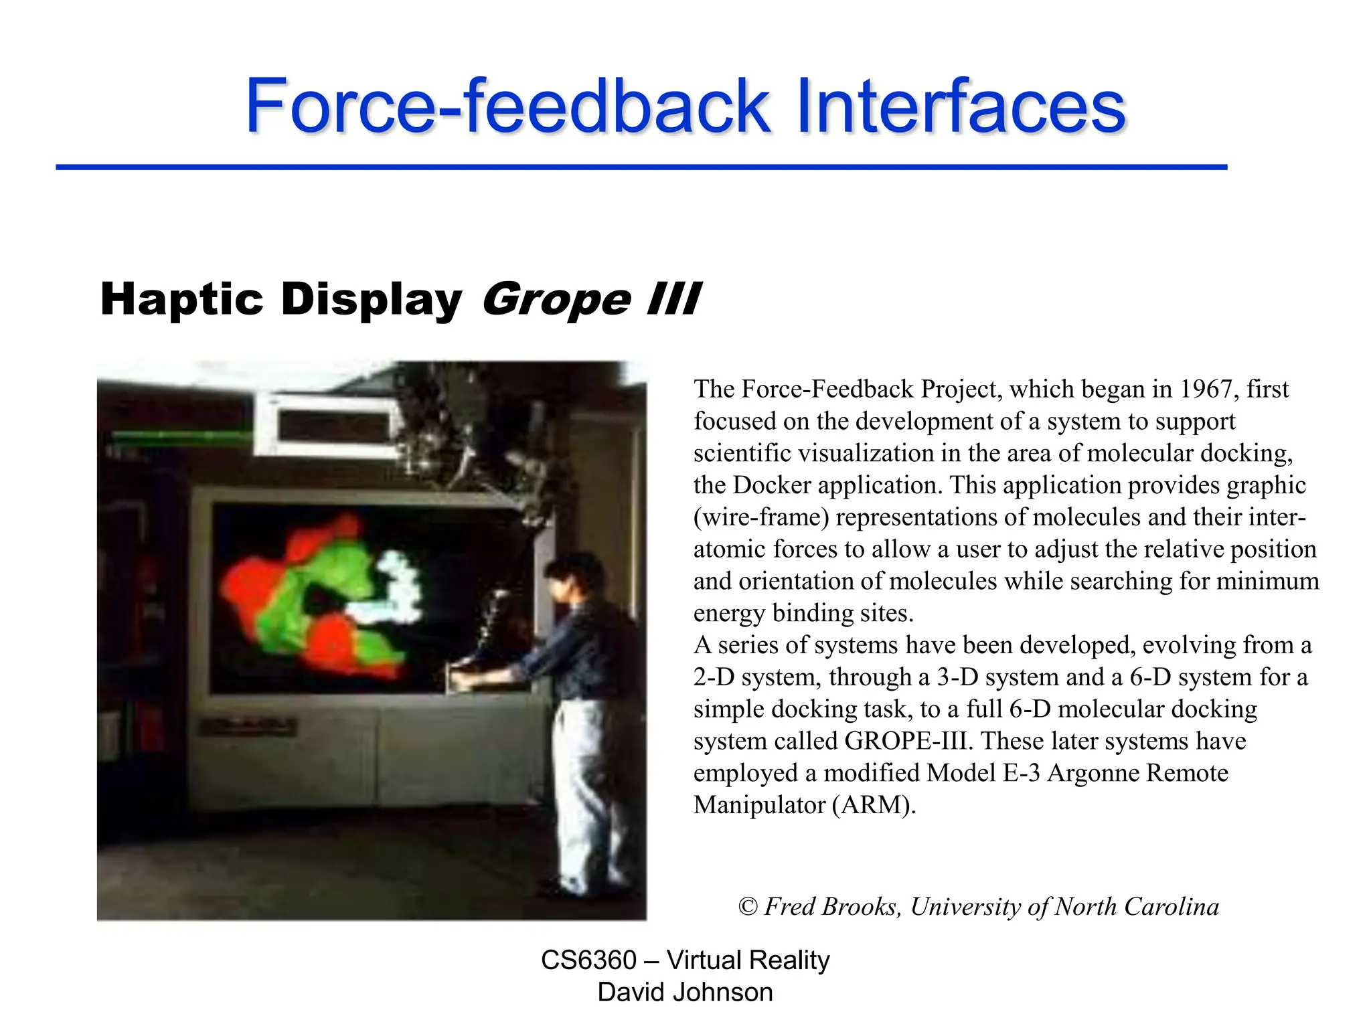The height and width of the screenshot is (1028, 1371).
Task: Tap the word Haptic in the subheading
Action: click(181, 299)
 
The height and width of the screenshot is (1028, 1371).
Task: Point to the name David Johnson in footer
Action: click(685, 993)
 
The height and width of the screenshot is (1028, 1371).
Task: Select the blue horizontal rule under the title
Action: click(641, 167)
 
